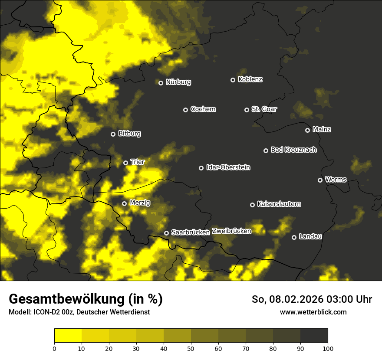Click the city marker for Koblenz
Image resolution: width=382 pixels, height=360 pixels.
pyautogui.click(x=233, y=80)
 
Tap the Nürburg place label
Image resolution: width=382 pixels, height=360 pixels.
pyautogui.click(x=178, y=82)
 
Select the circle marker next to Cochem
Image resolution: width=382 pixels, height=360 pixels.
pyautogui.click(x=185, y=110)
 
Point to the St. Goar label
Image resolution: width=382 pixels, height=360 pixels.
pyautogui.click(x=264, y=109)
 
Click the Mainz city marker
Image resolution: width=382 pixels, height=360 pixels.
pyautogui.click(x=307, y=130)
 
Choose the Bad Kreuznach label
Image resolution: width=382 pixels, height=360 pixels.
pyautogui.click(x=293, y=150)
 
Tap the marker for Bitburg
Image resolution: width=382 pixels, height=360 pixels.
pyautogui.click(x=113, y=134)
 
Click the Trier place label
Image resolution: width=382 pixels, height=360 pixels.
pyautogui.click(x=137, y=162)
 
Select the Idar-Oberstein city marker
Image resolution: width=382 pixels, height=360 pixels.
pyautogui.click(x=201, y=168)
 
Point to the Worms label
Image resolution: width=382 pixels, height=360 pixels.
pyautogui.click(x=336, y=179)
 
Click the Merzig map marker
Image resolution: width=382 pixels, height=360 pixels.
pyautogui.click(x=124, y=203)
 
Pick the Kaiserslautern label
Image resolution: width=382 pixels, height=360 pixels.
pyautogui.click(x=279, y=204)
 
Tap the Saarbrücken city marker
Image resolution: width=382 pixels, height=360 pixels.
pyautogui.click(x=166, y=233)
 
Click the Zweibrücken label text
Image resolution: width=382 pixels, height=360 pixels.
pyautogui.click(x=231, y=231)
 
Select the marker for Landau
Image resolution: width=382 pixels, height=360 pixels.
pyautogui.click(x=294, y=237)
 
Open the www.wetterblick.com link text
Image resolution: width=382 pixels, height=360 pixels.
pyautogui.click(x=313, y=312)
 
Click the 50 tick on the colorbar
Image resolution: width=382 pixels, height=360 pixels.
pyautogui.click(x=191, y=348)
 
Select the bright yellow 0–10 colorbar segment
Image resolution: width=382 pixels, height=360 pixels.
pyautogui.click(x=68, y=336)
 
